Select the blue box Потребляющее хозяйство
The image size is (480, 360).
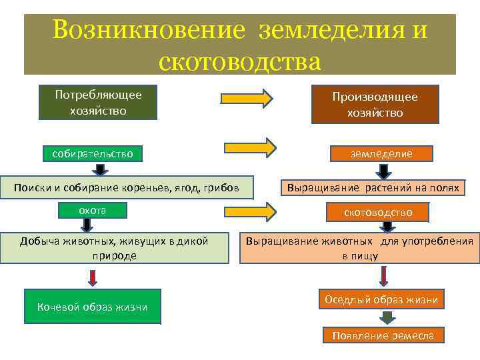(x=98, y=102)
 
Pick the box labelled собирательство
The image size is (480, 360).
(x=93, y=154)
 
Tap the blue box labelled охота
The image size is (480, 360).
(x=93, y=211)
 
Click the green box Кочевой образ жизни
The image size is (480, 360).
(x=93, y=306)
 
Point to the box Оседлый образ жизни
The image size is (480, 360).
(x=382, y=300)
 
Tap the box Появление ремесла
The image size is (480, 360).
(x=383, y=335)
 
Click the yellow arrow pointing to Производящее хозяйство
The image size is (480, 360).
(x=247, y=98)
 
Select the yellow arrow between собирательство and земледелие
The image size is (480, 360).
(x=249, y=147)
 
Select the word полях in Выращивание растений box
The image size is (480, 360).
(x=444, y=188)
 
